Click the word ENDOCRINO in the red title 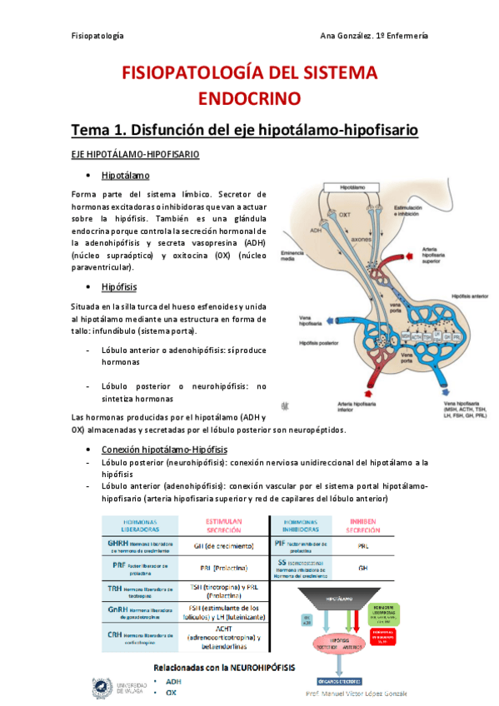249,99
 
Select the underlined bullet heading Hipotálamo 125,176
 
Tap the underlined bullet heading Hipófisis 120,287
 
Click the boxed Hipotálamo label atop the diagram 357,189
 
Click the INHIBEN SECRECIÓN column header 362,525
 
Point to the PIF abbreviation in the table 282,543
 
